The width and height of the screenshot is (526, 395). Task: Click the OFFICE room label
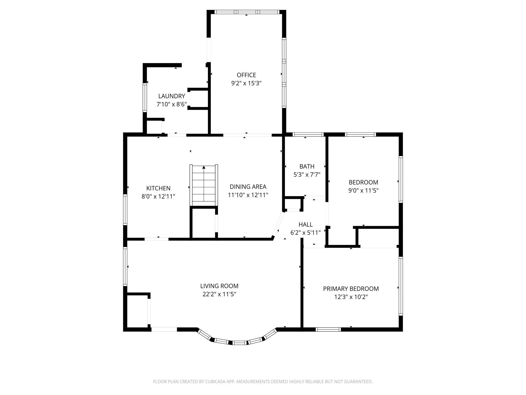pos(246,75)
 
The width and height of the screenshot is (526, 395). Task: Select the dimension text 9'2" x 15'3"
pos(246,83)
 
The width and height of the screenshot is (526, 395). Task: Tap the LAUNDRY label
pos(171,96)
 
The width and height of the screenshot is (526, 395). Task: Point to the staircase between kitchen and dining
pos(204,185)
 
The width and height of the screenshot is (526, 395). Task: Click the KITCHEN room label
pos(158,188)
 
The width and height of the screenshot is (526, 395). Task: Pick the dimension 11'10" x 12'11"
pos(248,195)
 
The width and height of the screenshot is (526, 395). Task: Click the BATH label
pos(307,166)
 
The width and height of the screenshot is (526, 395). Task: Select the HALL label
pos(305,224)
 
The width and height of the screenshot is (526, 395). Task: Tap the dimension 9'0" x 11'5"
pos(363,190)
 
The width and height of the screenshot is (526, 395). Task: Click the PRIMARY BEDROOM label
pos(351,289)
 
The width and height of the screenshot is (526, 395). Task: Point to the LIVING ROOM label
pos(219,286)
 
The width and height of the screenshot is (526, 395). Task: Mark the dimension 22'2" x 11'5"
pos(219,294)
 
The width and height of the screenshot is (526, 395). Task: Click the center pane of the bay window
pos(239,343)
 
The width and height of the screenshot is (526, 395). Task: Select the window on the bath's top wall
pos(308,134)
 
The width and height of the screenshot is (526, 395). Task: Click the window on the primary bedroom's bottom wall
pos(328,329)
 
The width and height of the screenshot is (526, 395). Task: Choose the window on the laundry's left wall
pos(145,98)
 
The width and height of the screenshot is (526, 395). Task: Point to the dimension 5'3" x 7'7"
pos(307,175)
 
